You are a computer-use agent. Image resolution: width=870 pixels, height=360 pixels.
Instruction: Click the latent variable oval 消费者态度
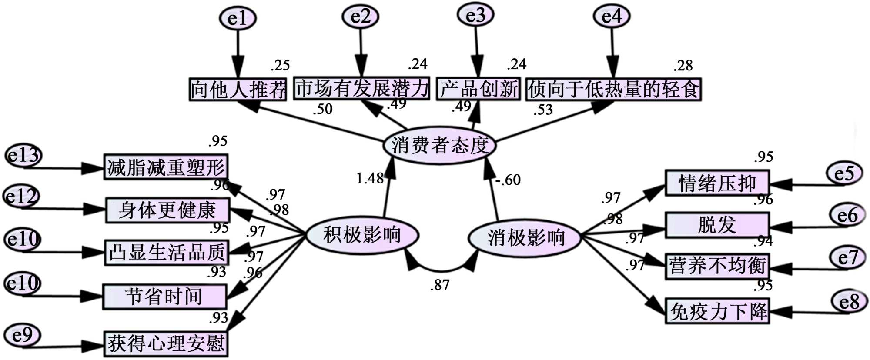(439, 145)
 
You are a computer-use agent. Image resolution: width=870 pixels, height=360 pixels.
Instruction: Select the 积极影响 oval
(362, 235)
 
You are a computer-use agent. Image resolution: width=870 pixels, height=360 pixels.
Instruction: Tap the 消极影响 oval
(525, 238)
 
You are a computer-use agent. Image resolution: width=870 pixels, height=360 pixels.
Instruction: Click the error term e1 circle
(238, 18)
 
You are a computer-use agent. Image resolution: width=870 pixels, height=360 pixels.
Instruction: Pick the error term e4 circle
(612, 17)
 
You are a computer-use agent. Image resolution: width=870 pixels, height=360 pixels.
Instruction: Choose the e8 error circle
(849, 301)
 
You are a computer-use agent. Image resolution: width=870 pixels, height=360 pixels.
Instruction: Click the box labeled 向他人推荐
(238, 90)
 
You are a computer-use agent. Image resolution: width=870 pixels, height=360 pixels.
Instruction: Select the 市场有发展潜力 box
(361, 88)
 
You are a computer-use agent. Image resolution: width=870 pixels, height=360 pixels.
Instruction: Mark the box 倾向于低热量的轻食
(613, 89)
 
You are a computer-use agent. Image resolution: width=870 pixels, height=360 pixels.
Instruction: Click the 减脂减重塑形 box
(166, 167)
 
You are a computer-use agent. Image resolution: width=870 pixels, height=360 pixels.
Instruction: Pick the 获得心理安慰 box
(166, 343)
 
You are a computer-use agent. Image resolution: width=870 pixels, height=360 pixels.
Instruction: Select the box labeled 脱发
(717, 225)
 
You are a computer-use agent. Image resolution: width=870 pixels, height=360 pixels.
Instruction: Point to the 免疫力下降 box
(717, 311)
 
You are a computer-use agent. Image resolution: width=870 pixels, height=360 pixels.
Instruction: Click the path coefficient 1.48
(370, 178)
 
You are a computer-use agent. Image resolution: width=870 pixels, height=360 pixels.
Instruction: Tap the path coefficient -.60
(508, 180)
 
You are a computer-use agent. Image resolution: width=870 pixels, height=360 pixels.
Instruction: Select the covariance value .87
(440, 285)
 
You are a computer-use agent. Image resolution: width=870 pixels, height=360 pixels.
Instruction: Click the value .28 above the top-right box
(683, 66)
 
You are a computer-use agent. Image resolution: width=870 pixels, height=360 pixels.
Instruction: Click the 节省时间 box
(164, 297)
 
